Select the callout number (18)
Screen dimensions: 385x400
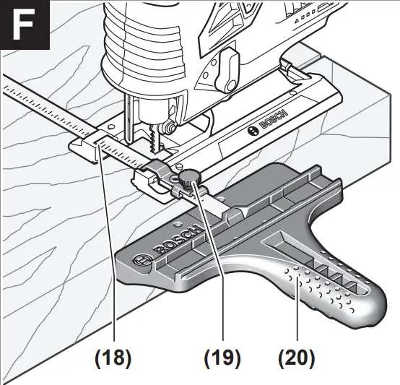pos(114,357)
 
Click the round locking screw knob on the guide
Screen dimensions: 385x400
pos(189,177)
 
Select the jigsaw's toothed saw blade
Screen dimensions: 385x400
pos(153,137)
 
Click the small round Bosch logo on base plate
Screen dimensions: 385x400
pos(252,131)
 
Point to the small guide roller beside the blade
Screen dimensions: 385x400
pos(167,129)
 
